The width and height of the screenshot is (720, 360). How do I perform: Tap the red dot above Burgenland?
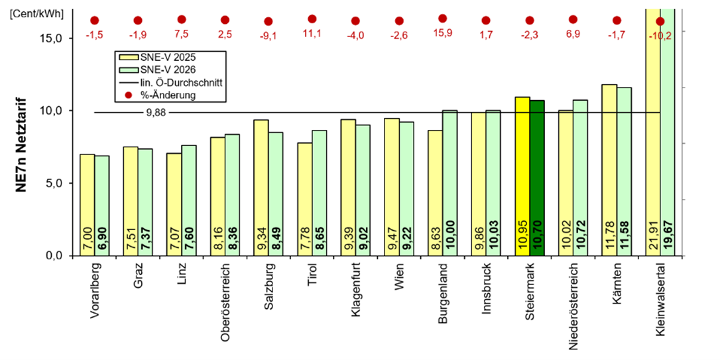coord(443,19)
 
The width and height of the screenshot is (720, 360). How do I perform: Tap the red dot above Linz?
coord(182,20)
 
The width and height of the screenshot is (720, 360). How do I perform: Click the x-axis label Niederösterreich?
coord(573,305)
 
